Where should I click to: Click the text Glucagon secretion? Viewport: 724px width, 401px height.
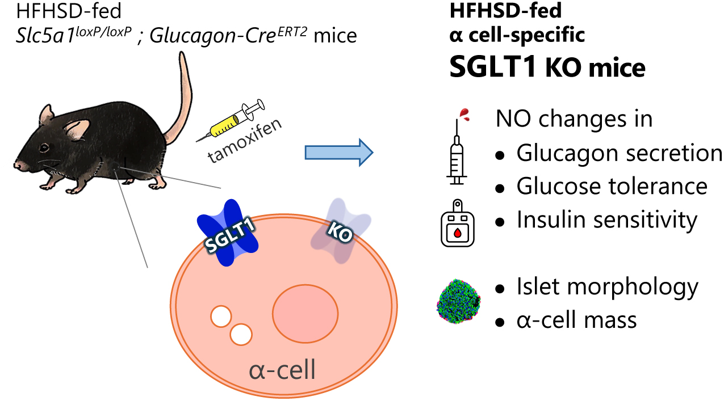pyautogui.click(x=618, y=153)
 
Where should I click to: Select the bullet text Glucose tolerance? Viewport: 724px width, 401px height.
pyautogui.click(x=612, y=186)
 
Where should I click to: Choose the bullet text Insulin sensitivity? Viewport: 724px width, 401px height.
pyautogui.click(x=606, y=220)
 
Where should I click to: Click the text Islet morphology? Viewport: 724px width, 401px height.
pyautogui.click(x=607, y=287)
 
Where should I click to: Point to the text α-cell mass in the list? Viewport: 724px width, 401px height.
pyautogui.click(x=576, y=320)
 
